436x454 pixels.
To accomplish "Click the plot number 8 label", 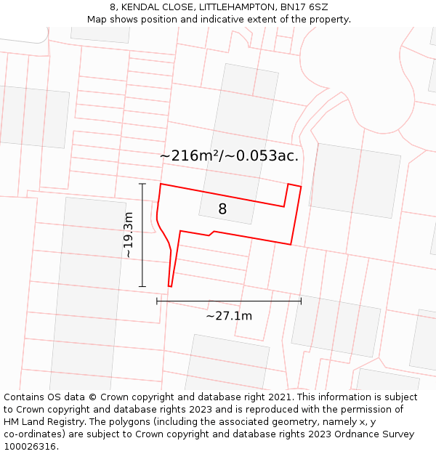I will [x=222, y=209].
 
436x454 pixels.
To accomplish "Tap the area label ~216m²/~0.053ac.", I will [x=229, y=155].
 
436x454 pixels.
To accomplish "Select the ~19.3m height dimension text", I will [x=128, y=235].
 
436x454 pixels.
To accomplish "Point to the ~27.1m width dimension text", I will [x=229, y=316].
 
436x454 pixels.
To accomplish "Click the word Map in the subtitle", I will [x=97, y=20].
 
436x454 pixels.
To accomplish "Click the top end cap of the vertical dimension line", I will [x=142, y=184].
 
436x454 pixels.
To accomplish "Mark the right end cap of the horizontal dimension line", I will [x=301, y=301].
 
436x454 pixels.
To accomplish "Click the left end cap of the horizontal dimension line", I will [x=157, y=301].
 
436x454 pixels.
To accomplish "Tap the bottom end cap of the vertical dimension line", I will [x=142, y=287].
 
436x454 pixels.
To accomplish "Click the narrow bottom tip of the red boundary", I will [x=170, y=286].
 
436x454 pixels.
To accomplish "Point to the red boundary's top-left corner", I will [x=161, y=184].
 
